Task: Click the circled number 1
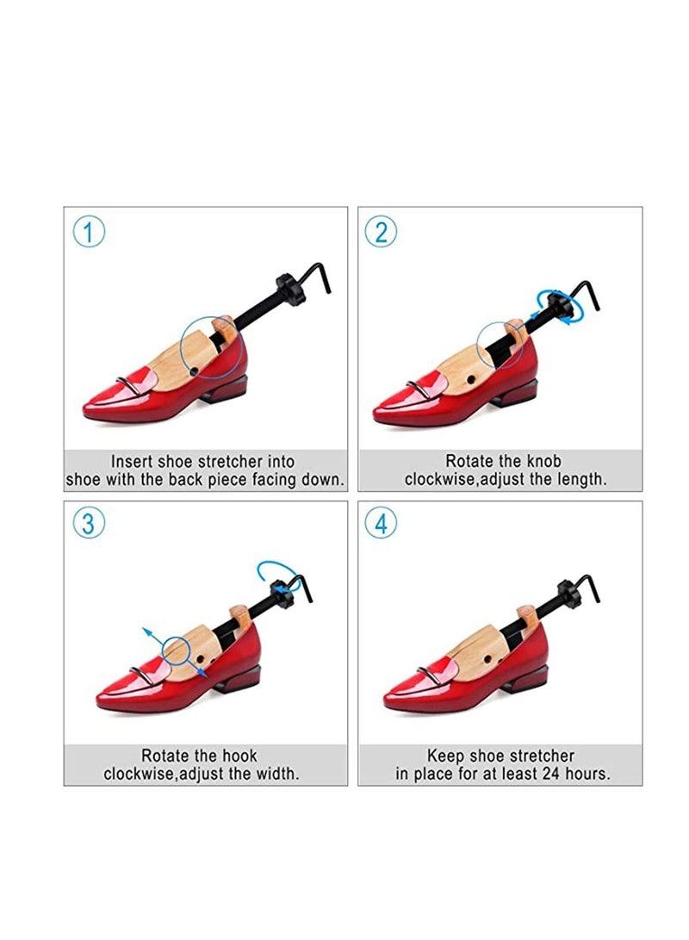[89, 232]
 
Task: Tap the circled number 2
[381, 232]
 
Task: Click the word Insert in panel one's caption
[134, 462]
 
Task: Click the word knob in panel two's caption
[543, 462]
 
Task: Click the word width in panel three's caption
[274, 774]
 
